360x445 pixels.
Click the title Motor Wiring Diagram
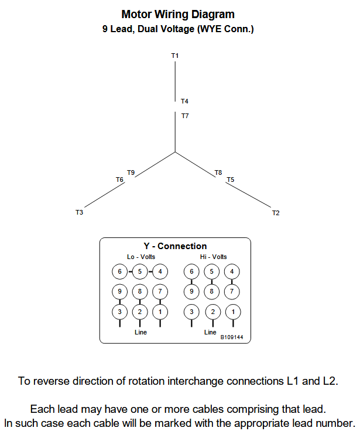pyautogui.click(x=178, y=15)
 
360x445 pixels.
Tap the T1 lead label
pyautogui.click(x=175, y=56)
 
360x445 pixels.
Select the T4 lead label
pyautogui.click(x=184, y=101)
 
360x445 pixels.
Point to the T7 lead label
pyautogui.click(x=185, y=116)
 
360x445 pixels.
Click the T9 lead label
pyautogui.click(x=131, y=173)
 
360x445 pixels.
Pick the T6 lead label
pyautogui.click(x=119, y=180)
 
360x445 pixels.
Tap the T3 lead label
pyautogui.click(x=79, y=212)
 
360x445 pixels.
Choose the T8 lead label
pyautogui.click(x=218, y=173)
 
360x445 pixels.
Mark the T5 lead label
pyautogui.click(x=231, y=180)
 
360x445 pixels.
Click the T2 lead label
pyautogui.click(x=276, y=213)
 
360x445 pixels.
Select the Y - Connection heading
pyautogui.click(x=175, y=246)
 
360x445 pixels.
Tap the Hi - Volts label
pyautogui.click(x=213, y=257)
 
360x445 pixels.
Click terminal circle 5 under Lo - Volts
pyautogui.click(x=140, y=271)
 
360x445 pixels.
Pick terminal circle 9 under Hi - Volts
pyautogui.click(x=191, y=291)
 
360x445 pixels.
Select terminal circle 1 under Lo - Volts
pyautogui.click(x=160, y=312)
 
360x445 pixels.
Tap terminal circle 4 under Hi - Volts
pyautogui.click(x=232, y=271)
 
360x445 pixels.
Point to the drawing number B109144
pyautogui.click(x=232, y=337)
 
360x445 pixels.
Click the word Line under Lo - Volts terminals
pyautogui.click(x=140, y=332)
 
